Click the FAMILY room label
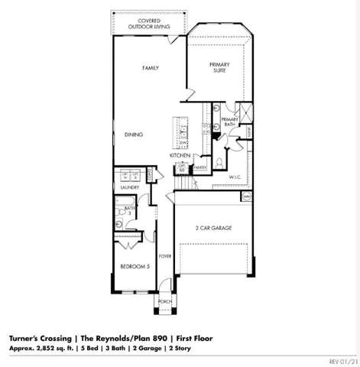150,68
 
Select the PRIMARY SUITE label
219,69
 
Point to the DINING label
133,135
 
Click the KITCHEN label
180,155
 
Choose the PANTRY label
201,167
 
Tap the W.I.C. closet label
235,177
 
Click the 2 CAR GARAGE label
213,228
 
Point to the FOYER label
164,256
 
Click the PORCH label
164,300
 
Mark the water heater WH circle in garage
246,196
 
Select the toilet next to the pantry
219,161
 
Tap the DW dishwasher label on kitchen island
183,142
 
